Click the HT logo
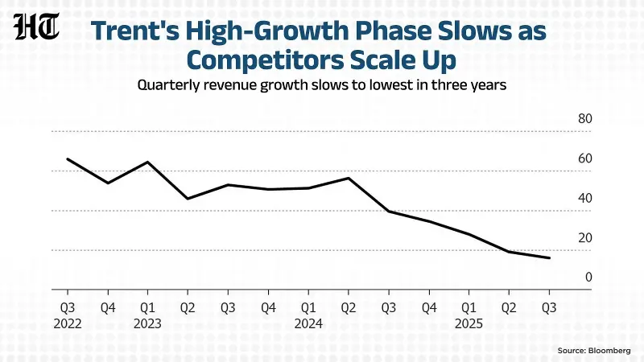(x=38, y=30)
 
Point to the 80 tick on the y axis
(x=585, y=119)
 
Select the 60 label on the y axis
(x=585, y=158)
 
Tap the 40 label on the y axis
(x=585, y=199)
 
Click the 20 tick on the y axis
(x=585, y=238)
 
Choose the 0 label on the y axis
(x=588, y=278)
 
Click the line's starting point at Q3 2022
(x=67, y=158)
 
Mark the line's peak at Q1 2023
(x=147, y=162)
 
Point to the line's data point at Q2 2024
(x=348, y=178)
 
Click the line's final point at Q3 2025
(x=549, y=258)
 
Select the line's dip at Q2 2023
(x=188, y=199)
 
